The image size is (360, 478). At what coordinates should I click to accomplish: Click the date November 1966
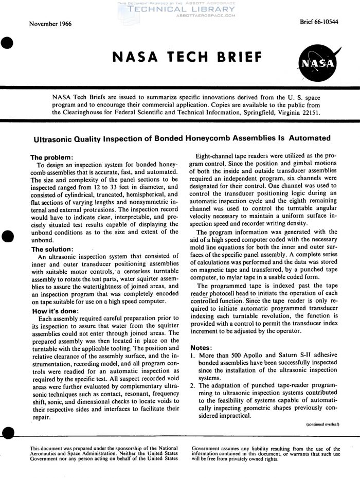click(50, 24)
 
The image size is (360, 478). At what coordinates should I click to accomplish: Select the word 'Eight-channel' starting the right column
click(215, 156)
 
